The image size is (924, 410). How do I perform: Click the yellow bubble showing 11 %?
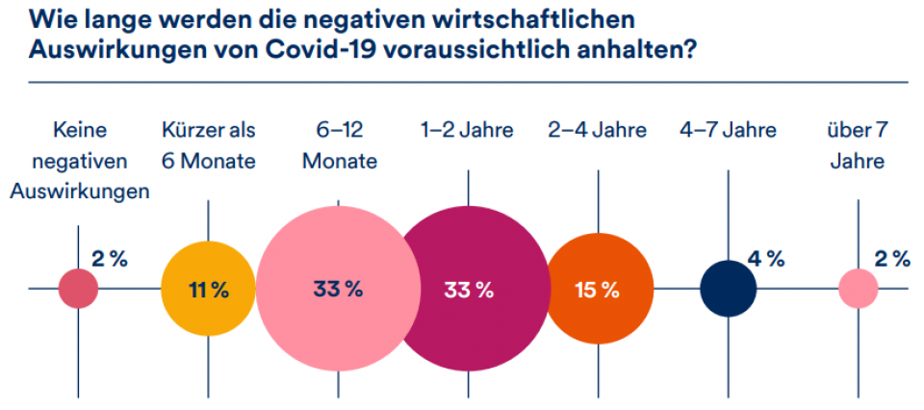pyautogui.click(x=208, y=289)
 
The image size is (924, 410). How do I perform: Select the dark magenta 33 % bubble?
pyautogui.click(x=468, y=289)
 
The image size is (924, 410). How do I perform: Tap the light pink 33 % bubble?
pyautogui.click(x=338, y=289)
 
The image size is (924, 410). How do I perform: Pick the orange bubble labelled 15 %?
pyautogui.click(x=597, y=289)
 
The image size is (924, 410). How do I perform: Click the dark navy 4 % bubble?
pyautogui.click(x=728, y=289)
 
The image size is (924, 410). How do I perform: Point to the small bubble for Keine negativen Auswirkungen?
pyautogui.click(x=79, y=289)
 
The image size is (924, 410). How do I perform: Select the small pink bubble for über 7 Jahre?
pyautogui.click(x=858, y=289)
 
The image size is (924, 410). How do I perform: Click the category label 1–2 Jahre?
pyautogui.click(x=468, y=130)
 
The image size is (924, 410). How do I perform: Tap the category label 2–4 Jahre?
pyautogui.click(x=597, y=130)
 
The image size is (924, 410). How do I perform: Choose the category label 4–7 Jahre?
pyautogui.click(x=728, y=130)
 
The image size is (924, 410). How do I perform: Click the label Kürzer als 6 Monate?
pyautogui.click(x=209, y=145)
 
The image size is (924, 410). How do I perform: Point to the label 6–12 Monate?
pyautogui.click(x=339, y=145)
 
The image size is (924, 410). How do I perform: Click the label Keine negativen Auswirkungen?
pyautogui.click(x=79, y=161)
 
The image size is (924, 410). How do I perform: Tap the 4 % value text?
pyautogui.click(x=766, y=258)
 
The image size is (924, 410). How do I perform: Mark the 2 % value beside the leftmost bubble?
pyautogui.click(x=110, y=258)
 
